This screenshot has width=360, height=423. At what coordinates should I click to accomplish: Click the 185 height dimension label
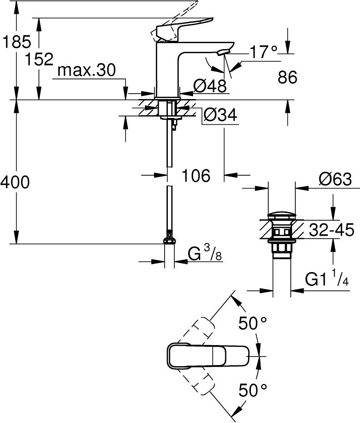(x=17, y=42)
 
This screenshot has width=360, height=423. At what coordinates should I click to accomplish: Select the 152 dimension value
(x=39, y=59)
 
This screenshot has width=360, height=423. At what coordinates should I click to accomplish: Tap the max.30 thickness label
(x=87, y=71)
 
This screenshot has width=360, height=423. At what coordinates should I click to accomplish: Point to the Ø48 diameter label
(x=210, y=85)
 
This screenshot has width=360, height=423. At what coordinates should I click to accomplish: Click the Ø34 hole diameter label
(x=219, y=116)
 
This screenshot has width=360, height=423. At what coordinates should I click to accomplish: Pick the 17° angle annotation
(x=264, y=52)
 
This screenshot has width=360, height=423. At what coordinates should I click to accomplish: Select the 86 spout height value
(x=288, y=77)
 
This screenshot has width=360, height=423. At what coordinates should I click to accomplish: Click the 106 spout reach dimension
(x=196, y=175)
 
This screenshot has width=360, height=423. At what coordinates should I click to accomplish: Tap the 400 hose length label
(x=15, y=183)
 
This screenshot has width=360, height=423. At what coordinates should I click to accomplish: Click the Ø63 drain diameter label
(x=335, y=179)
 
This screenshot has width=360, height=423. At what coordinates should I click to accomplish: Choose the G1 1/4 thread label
(x=327, y=279)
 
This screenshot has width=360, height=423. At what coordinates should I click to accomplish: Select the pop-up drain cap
(x=281, y=215)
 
